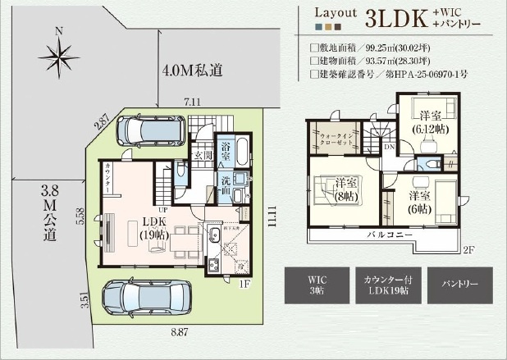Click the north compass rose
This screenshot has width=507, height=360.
click(58, 57)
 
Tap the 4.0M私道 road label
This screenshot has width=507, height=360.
click(193, 71)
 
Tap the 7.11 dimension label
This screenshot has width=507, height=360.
click(193, 102)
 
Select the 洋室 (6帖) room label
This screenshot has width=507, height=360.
click(420, 203)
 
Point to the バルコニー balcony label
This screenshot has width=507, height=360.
click(388, 236)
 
